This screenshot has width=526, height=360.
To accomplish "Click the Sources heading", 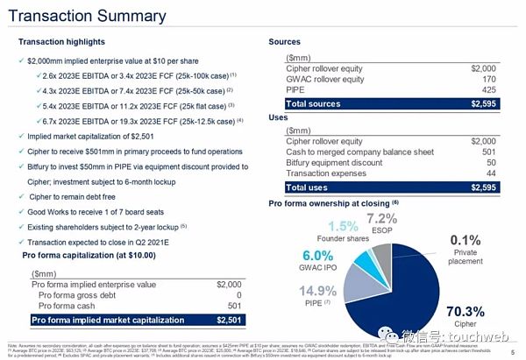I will pos(285,42).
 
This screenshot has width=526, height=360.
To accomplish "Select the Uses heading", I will pos(280,117).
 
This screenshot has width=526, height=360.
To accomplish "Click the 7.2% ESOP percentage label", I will pos(382,218).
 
